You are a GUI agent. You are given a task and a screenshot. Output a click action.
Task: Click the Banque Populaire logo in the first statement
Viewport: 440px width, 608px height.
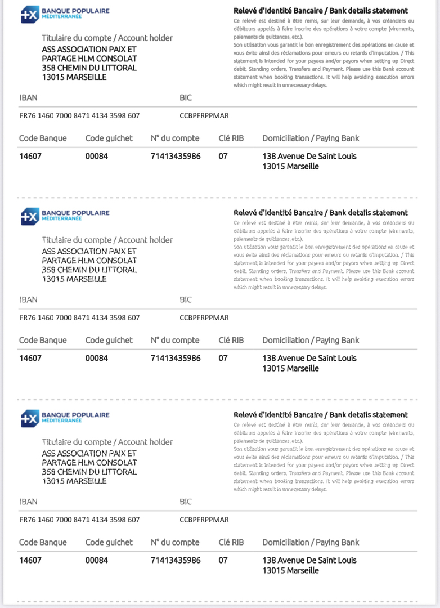click(65, 14)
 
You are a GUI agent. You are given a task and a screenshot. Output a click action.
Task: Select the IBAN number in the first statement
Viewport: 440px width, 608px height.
click(79, 116)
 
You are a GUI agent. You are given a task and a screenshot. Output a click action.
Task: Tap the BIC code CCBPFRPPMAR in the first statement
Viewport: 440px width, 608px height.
click(204, 116)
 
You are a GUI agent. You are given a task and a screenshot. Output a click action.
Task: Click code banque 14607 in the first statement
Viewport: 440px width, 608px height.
click(30, 156)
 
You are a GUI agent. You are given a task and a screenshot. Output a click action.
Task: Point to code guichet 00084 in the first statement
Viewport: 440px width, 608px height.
click(97, 156)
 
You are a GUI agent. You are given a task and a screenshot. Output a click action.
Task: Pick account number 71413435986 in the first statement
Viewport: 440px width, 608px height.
click(176, 156)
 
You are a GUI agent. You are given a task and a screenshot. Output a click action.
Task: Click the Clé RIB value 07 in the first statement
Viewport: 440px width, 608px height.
click(223, 156)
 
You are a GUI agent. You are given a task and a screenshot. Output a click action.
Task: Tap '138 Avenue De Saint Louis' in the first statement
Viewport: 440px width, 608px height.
click(309, 156)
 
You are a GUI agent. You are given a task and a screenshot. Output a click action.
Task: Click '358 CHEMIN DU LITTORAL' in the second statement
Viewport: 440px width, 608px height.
click(89, 270)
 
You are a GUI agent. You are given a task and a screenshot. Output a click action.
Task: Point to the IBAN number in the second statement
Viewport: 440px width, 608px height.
click(79, 318)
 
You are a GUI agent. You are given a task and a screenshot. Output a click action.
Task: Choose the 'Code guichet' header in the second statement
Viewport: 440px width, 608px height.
click(109, 340)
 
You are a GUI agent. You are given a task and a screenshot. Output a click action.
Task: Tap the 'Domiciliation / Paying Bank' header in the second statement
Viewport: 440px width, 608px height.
click(311, 340)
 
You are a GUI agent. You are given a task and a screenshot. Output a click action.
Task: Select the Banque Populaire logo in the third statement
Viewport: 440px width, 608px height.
click(65, 418)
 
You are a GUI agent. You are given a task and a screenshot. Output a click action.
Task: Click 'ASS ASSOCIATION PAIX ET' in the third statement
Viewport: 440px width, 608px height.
click(89, 453)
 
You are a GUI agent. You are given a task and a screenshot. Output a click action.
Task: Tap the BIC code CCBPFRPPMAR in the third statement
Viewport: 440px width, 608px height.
click(204, 520)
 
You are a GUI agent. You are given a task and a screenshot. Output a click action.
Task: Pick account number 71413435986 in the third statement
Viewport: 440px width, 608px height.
click(176, 560)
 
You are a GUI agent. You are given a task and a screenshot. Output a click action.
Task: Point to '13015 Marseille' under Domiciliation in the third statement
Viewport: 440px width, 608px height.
click(290, 570)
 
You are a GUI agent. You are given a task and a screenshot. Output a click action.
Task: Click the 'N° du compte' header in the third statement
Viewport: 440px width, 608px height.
click(175, 542)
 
